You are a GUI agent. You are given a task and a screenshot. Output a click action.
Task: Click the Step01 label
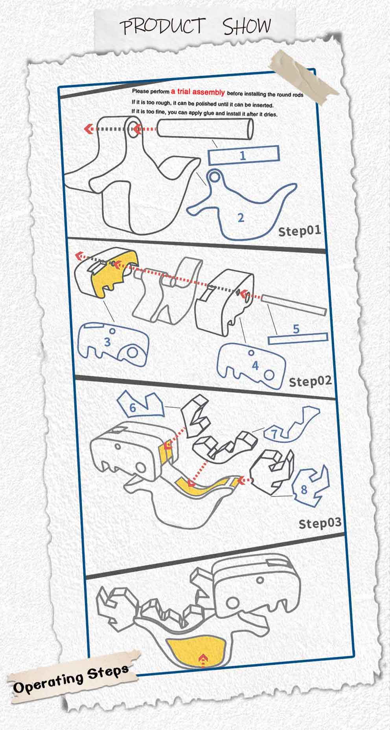(299, 230)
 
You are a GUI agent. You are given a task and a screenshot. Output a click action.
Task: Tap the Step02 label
(310, 381)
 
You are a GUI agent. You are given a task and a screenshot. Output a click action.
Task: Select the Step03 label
(320, 523)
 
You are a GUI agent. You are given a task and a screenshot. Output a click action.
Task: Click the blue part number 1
(243, 155)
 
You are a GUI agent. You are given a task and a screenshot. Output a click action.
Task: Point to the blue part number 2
(241, 217)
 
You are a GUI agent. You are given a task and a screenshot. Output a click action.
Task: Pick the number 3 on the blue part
(107, 341)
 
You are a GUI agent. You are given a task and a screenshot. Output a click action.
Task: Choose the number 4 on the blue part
(255, 365)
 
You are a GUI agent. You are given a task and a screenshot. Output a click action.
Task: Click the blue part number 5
(296, 328)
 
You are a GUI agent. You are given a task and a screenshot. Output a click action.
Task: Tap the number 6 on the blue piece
(132, 407)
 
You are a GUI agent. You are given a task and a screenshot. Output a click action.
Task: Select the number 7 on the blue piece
(274, 434)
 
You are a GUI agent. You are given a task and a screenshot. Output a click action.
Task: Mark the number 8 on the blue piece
(304, 490)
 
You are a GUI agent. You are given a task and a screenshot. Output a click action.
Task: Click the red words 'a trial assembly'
(198, 92)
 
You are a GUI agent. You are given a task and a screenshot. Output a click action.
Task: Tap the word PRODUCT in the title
(163, 26)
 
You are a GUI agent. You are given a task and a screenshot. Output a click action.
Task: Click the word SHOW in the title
(247, 26)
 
